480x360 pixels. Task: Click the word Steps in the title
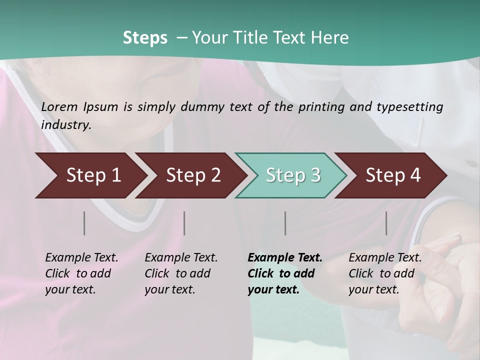[x=145, y=38]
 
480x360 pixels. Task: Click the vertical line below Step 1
[x=84, y=223]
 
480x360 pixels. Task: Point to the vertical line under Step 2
[x=184, y=223]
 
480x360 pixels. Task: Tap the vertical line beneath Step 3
[x=285, y=223]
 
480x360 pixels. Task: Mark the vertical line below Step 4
[x=386, y=223]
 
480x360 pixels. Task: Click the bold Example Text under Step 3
[x=285, y=258]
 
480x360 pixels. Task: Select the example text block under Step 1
[x=81, y=273]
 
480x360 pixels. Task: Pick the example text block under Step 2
[x=180, y=273]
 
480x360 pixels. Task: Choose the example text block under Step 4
[x=384, y=273]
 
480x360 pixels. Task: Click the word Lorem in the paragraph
[x=59, y=107]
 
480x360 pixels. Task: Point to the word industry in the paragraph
[x=65, y=125]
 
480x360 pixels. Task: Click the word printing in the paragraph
[x=321, y=107]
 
